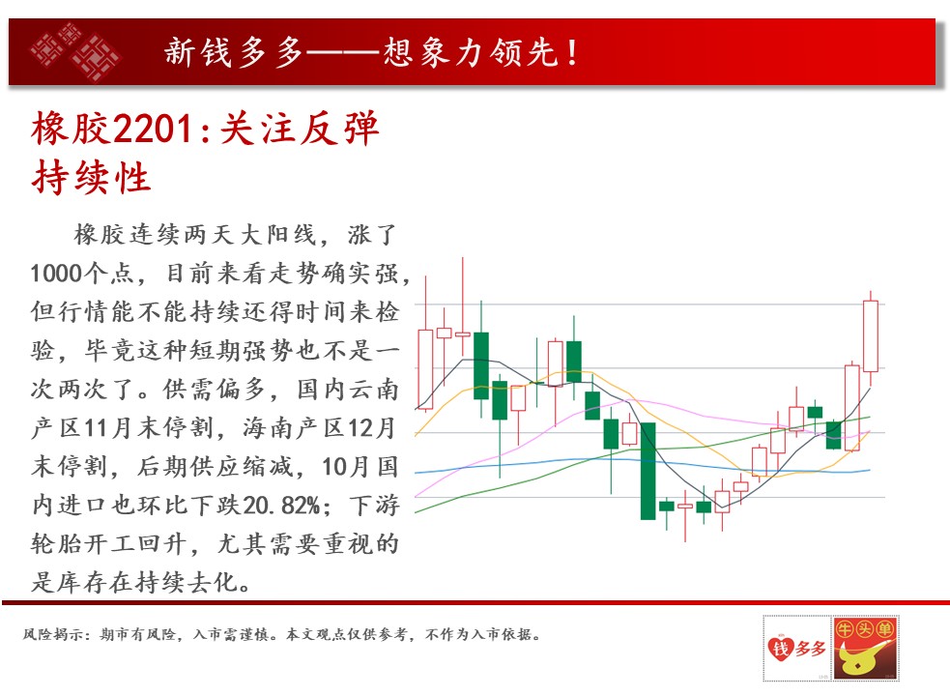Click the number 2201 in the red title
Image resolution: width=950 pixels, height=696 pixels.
154,129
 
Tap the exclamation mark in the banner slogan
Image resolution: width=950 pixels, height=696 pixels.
572,52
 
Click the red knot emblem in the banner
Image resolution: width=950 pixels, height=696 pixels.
76,52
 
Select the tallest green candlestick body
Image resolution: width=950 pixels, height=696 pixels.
648,471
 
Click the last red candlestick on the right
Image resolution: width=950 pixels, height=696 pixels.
871,336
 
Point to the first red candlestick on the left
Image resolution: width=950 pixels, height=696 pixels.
425,370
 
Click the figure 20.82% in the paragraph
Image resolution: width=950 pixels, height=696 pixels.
281,505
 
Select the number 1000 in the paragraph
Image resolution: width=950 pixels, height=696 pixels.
56,274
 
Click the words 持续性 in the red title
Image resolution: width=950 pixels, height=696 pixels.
91,178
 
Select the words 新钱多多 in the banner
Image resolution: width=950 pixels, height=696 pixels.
234,52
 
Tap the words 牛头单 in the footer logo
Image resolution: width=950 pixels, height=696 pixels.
865,628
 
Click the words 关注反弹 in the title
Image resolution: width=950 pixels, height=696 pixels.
300,129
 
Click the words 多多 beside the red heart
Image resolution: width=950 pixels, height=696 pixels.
810,650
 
